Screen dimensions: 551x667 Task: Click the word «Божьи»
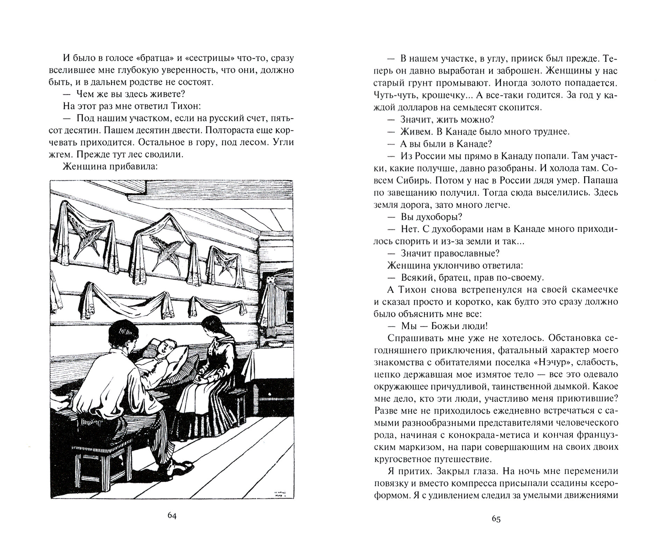440,326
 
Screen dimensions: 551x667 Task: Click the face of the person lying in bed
163,348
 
